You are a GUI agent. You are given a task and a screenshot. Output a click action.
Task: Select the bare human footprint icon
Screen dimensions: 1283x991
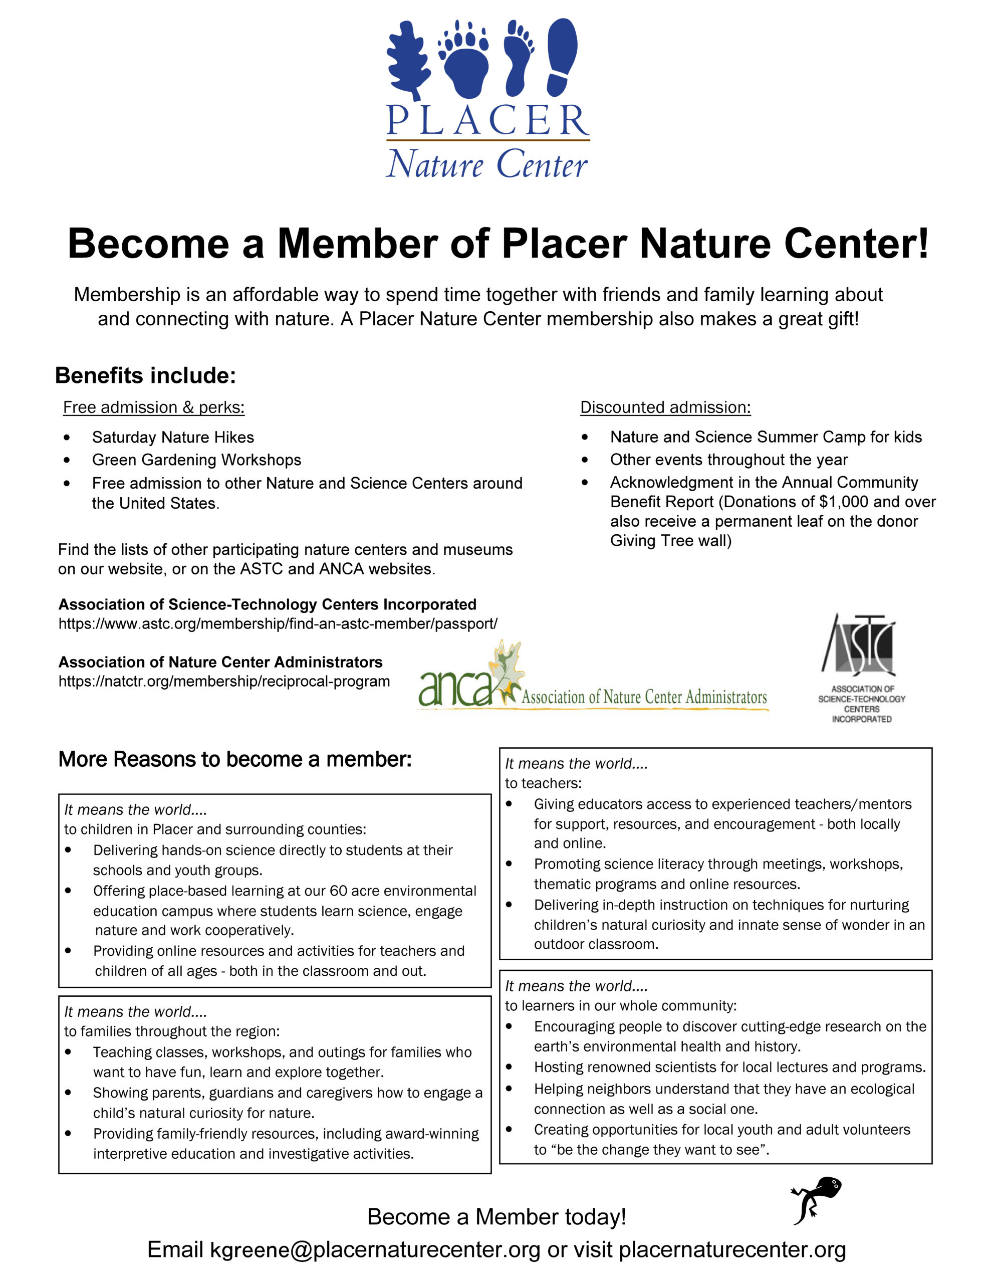pos(518,58)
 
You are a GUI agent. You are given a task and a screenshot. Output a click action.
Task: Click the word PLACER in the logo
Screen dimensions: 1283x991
pos(487,121)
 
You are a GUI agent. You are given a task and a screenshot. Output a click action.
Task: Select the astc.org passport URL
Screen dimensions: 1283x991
pos(277,624)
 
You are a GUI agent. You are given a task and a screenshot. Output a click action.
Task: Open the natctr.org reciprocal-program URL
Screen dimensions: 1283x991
pos(224,682)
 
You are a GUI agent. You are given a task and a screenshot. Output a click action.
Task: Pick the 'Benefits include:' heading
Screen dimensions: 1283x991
pos(145,375)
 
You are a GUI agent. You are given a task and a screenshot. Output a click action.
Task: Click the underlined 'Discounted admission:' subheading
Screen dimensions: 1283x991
pos(665,407)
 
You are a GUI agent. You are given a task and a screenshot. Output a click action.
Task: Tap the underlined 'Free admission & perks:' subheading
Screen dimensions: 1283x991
pos(153,407)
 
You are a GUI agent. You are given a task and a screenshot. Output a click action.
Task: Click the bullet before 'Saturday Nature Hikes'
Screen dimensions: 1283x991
pos(67,438)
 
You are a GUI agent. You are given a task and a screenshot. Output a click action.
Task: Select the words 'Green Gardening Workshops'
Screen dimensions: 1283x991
pos(196,460)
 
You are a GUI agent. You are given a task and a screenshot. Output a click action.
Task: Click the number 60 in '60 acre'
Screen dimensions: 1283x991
pos(338,891)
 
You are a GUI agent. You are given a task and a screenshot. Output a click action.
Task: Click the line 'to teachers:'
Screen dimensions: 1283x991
pos(543,783)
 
